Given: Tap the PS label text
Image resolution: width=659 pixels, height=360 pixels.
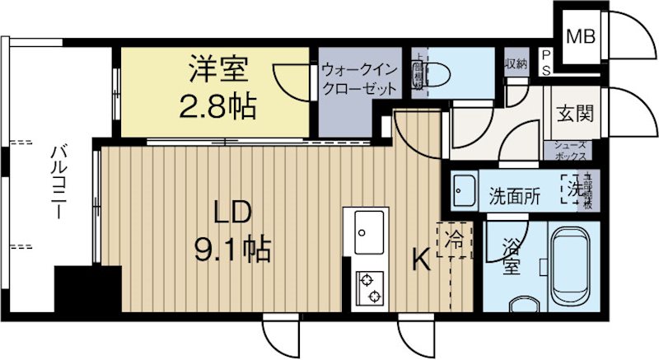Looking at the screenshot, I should point(546,63).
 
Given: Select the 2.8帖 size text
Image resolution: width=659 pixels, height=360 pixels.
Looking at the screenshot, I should point(217,105).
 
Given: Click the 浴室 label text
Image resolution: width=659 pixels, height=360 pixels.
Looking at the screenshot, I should point(511,256).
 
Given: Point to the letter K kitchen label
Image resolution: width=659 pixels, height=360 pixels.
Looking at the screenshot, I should point(421,262).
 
